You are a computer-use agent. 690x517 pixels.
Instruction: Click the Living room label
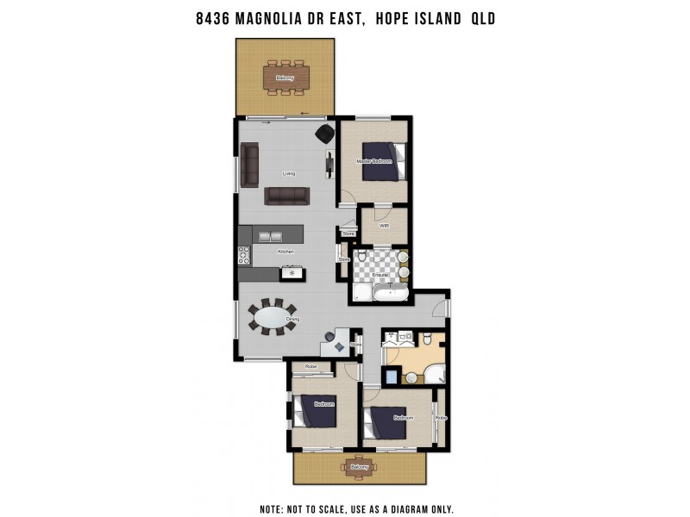coord(289,173)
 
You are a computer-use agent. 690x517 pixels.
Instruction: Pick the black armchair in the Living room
coord(324,134)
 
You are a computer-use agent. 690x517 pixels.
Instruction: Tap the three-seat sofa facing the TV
coord(286,196)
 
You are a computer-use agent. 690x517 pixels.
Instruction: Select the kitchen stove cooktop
coord(244,256)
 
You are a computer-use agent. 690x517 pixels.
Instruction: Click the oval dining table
coord(272,316)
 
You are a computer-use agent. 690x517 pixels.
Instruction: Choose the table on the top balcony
coord(285,78)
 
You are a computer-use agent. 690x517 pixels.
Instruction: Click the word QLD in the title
coord(482,16)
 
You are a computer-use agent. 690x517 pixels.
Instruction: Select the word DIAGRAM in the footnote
coord(405,508)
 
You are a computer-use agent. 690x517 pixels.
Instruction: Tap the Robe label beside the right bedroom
coord(441,417)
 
